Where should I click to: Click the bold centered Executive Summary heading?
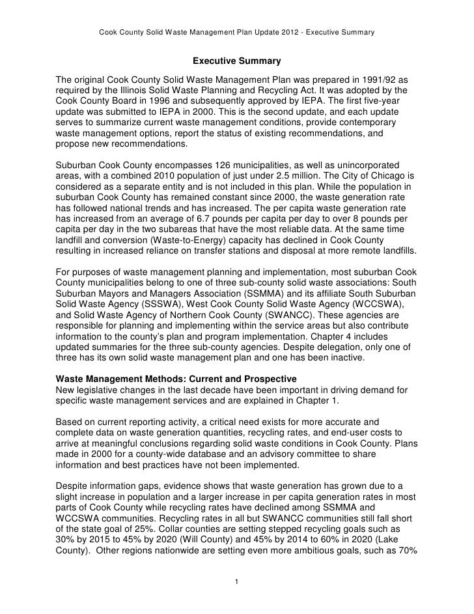(x=236, y=62)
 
